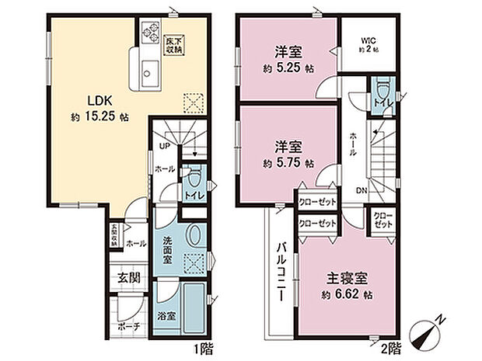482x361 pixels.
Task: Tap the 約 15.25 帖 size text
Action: click(x=96, y=116)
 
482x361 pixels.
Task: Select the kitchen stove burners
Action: click(x=148, y=35)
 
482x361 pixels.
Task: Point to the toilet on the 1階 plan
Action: click(x=194, y=183)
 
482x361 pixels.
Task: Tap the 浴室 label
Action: click(x=166, y=318)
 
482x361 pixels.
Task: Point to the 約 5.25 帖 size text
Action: click(x=288, y=67)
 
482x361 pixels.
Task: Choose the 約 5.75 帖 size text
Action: click(x=288, y=164)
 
